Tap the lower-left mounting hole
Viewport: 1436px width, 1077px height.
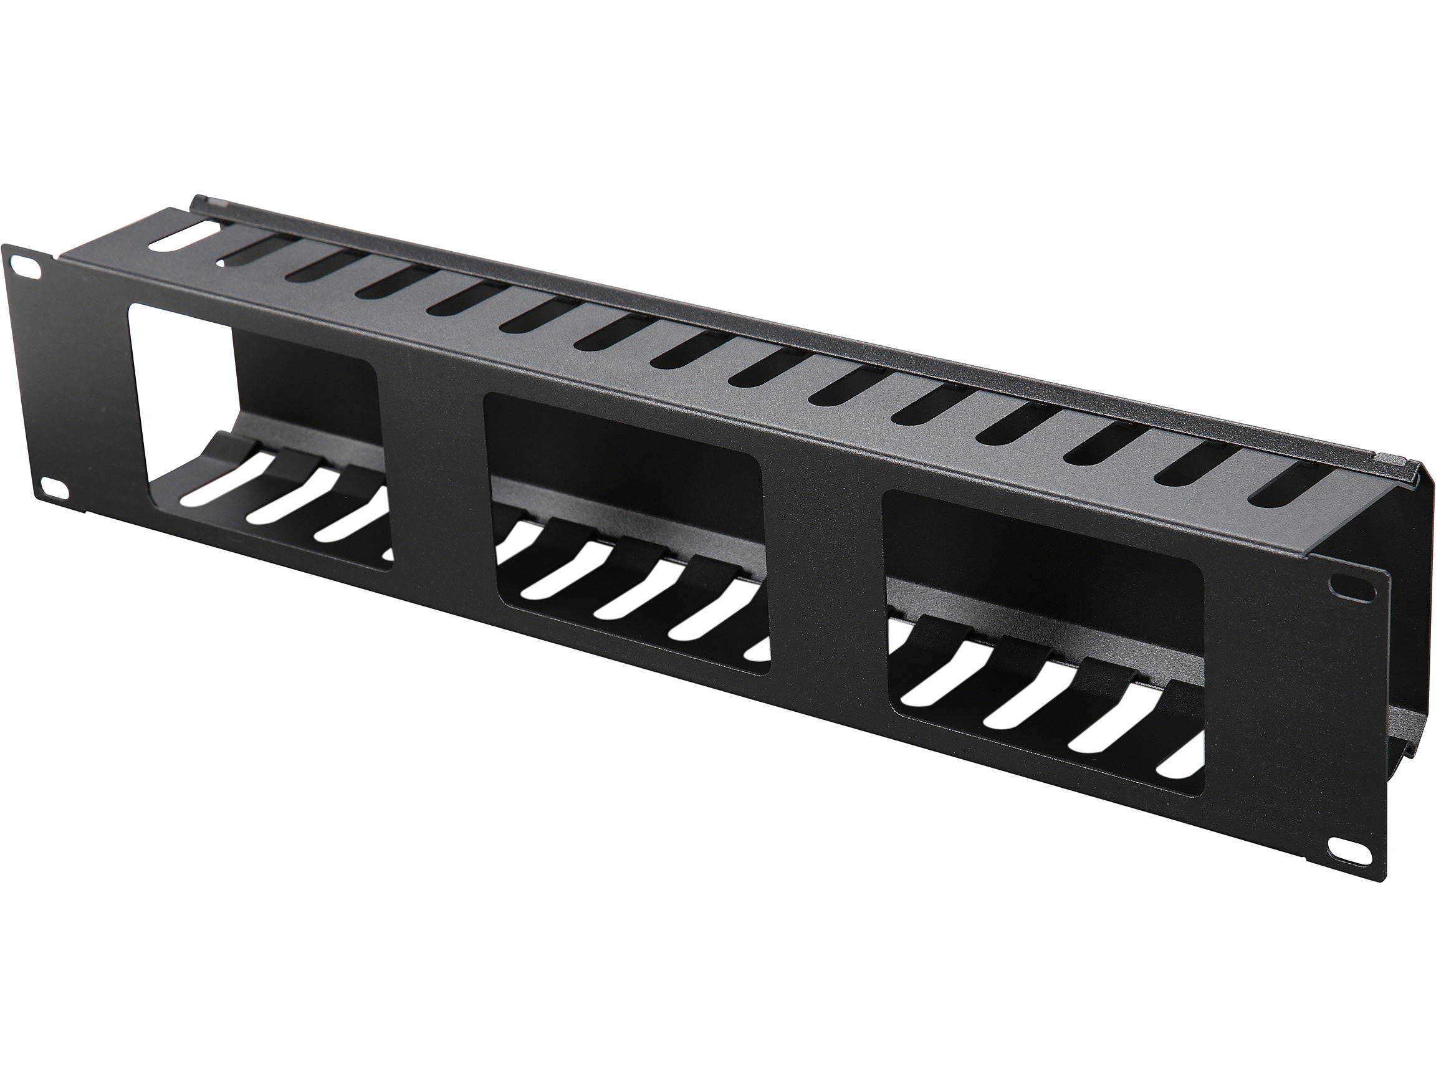(57, 489)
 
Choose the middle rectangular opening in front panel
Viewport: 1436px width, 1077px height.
(626, 532)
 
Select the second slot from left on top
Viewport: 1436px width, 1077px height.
(259, 251)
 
